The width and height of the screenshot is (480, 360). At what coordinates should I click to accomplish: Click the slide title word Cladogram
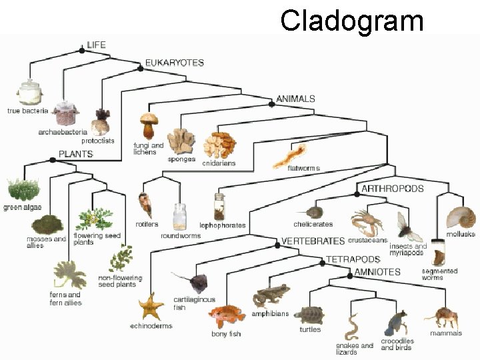click(351, 20)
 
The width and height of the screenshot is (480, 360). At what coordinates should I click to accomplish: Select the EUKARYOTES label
click(175, 63)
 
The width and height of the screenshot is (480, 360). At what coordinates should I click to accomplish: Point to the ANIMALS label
click(295, 99)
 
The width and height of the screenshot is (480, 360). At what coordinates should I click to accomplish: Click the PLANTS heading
click(76, 154)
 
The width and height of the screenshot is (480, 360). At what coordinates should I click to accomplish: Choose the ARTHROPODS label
click(392, 189)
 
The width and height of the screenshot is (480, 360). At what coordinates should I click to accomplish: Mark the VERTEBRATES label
click(313, 241)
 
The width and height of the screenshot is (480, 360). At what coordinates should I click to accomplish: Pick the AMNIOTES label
click(377, 272)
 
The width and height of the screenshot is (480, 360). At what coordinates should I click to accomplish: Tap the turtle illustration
click(311, 314)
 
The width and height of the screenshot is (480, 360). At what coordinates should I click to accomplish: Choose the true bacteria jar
click(29, 93)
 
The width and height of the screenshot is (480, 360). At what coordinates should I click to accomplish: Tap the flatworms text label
click(303, 169)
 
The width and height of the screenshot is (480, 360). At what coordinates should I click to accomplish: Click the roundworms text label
click(180, 235)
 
